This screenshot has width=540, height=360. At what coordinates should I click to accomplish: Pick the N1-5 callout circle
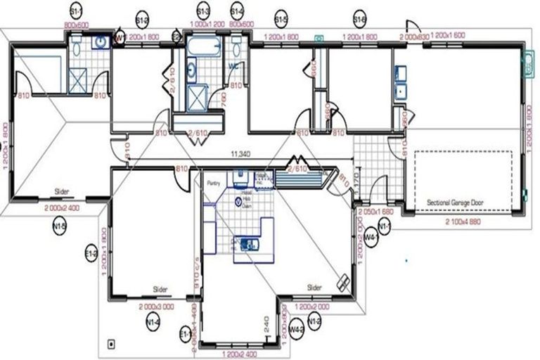coord(59,226)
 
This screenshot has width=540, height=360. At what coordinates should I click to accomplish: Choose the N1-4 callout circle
coord(153,323)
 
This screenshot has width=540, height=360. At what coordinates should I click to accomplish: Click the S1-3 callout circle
coord(203,12)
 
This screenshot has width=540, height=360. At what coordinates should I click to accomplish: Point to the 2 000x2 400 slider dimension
coord(61,208)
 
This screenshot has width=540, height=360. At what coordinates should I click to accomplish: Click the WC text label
coord(233,66)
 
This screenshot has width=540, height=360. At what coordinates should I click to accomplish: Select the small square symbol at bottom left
coord(110,344)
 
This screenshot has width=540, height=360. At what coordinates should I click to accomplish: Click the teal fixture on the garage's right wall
coord(526,65)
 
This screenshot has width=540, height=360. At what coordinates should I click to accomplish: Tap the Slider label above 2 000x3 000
coord(160,290)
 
